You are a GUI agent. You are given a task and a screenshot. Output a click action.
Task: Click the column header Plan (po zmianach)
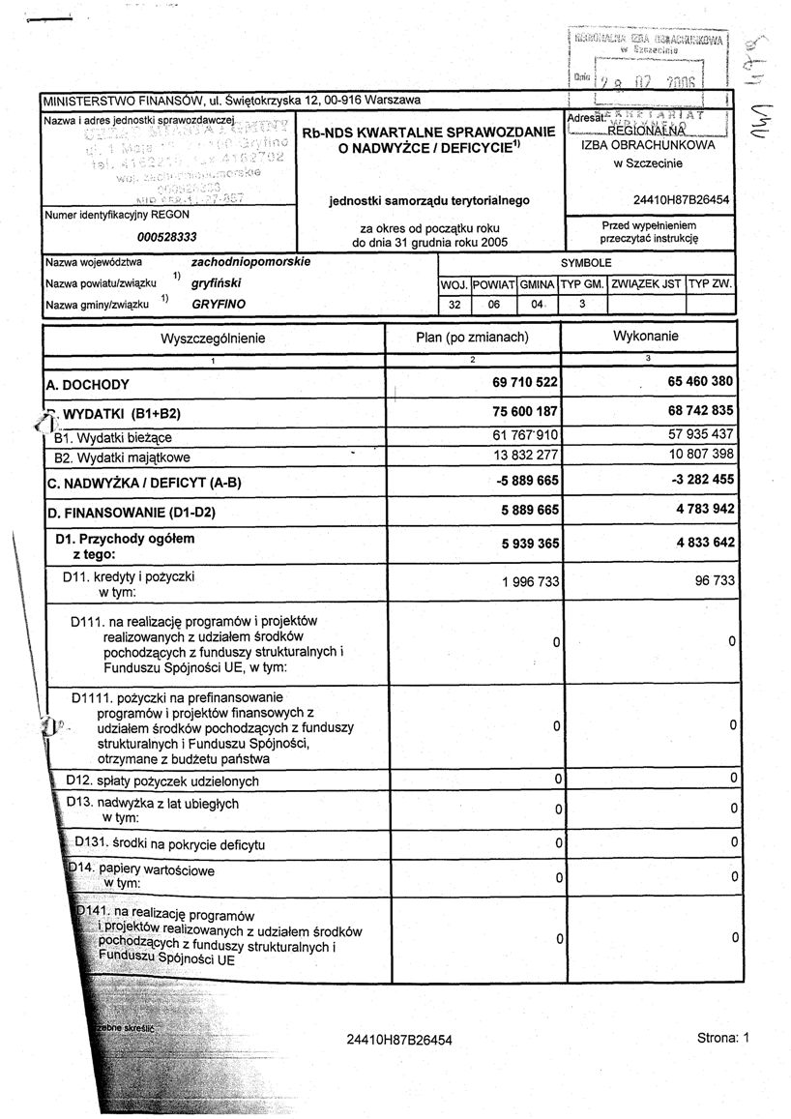click(x=471, y=338)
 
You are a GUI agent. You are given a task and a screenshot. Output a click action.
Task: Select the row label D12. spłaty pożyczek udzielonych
click(x=162, y=780)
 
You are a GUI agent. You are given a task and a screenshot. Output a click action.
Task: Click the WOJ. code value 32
click(x=454, y=304)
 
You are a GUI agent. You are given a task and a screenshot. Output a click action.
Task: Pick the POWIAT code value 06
click(x=494, y=304)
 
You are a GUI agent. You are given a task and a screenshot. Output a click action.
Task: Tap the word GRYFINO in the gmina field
click(x=218, y=304)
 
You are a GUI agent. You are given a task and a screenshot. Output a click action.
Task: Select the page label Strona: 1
click(x=721, y=1038)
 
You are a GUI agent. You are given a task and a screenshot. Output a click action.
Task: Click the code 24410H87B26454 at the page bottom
click(x=398, y=1040)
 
